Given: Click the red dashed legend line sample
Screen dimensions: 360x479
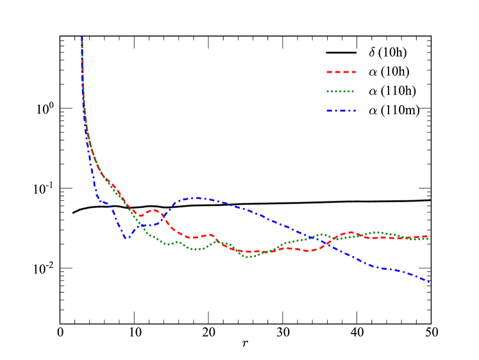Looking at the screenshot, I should [341, 72].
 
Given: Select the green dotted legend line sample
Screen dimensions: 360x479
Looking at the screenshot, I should [341, 91].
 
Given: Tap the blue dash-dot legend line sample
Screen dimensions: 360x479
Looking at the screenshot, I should [341, 111].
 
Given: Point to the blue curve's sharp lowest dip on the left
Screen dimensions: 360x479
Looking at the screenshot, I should [126, 238].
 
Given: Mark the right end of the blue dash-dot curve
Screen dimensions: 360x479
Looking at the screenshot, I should [429, 282].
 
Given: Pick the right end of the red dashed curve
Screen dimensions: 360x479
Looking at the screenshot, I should [428, 236].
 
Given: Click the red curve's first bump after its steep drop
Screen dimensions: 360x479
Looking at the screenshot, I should [154, 210].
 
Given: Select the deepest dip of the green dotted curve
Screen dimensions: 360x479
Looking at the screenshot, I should [251, 257].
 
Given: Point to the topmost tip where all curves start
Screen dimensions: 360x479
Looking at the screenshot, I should [82, 38].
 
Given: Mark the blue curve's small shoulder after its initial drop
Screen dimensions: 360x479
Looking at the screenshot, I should [105, 203].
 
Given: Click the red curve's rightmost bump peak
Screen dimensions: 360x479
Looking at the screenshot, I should [351, 232].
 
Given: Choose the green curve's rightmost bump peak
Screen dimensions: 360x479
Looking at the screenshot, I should [376, 232].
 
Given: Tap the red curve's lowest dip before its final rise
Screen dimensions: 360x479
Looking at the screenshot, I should [308, 251].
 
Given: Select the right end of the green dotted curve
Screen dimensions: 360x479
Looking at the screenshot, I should [428, 239].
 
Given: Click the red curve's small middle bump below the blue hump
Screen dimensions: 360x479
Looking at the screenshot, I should [210, 235].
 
